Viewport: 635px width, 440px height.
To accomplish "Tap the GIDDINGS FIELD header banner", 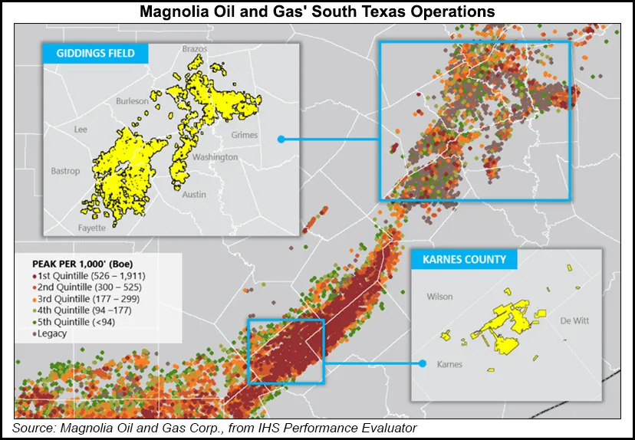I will click(x=94, y=54).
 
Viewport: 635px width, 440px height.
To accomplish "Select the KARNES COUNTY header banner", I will click(x=464, y=259).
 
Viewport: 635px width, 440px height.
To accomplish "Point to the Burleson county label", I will click(x=132, y=101).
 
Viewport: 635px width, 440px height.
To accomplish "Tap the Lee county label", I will click(x=81, y=130).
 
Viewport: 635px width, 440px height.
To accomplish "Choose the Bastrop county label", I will click(x=65, y=171).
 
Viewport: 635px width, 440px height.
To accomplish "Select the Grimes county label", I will click(x=245, y=135).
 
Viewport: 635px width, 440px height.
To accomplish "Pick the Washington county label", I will click(x=215, y=157).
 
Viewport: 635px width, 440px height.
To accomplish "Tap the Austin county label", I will click(x=194, y=194).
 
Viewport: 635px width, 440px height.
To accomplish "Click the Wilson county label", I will click(x=439, y=296).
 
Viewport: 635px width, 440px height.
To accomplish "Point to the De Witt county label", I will click(x=574, y=320).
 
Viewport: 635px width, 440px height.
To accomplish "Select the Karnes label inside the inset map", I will click(x=449, y=364).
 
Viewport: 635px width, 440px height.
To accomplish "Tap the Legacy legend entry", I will click(x=51, y=333).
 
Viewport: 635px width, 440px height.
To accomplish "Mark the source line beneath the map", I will click(x=215, y=426).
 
